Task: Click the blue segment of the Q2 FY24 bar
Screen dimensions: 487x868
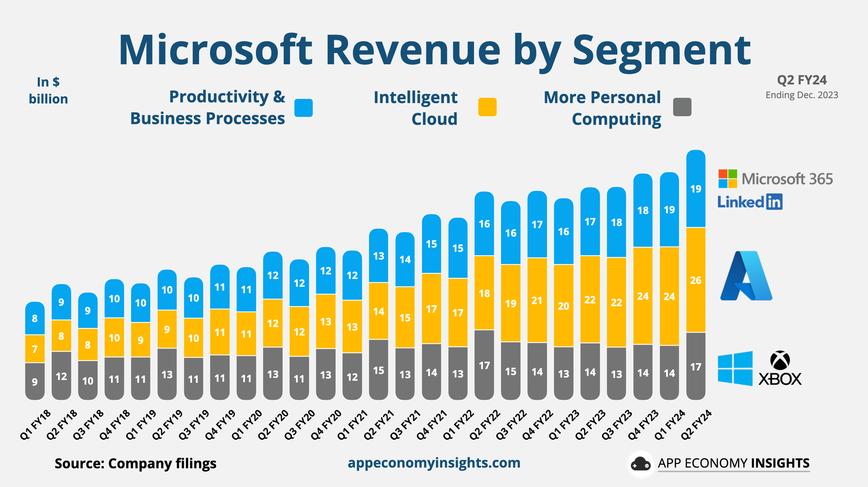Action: coord(696,189)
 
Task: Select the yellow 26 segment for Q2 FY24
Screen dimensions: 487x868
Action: coord(696,280)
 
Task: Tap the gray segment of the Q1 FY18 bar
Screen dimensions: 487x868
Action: coord(35,381)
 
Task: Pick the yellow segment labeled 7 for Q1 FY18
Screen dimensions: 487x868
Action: coord(35,349)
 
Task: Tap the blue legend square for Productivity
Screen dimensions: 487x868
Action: coord(304,108)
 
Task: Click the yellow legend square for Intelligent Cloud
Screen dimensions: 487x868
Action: coord(487,107)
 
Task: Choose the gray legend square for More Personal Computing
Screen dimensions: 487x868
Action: coord(682,107)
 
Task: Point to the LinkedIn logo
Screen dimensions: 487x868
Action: coord(750,202)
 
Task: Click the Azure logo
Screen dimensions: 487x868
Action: coord(746,276)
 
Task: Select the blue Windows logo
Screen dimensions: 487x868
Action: coord(735,368)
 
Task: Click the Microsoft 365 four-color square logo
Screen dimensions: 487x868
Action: coord(728,179)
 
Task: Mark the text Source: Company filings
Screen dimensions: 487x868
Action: coord(136,463)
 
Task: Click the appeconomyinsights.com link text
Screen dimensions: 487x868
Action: coord(434,463)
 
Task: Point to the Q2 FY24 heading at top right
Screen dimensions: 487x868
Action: coord(802,80)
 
